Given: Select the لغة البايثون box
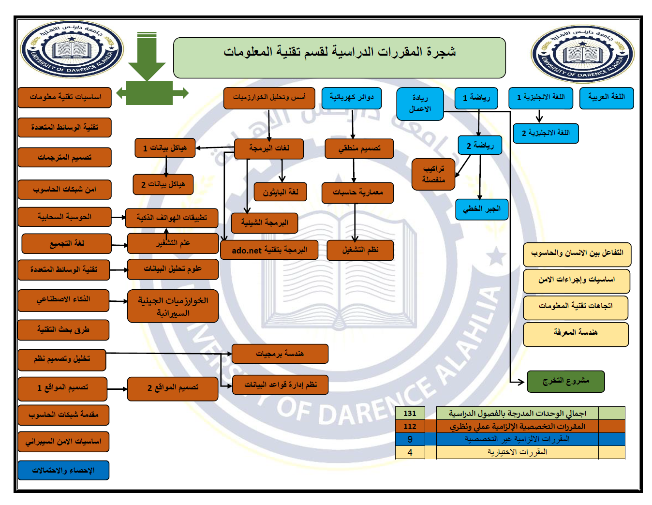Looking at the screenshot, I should [280, 192].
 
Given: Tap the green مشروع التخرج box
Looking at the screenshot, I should [565, 381].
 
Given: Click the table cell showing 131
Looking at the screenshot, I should [410, 413].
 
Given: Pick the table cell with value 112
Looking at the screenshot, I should [410, 426].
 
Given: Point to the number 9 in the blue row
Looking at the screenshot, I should [410, 439].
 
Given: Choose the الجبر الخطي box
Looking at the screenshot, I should [481, 209].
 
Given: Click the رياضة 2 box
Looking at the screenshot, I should [480, 145].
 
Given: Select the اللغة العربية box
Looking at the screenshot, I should [607, 98].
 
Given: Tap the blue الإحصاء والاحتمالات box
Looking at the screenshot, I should [63, 470].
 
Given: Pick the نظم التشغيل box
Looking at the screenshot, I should [360, 250].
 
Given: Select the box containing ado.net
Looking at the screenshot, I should [269, 250].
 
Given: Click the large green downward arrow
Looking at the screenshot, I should [147, 56].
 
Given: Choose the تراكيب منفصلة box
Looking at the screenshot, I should [433, 174].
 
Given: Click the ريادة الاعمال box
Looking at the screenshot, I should [420, 104].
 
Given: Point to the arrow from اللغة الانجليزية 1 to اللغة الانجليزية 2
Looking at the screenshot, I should [539, 116].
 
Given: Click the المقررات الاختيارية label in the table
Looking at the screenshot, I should [517, 452].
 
